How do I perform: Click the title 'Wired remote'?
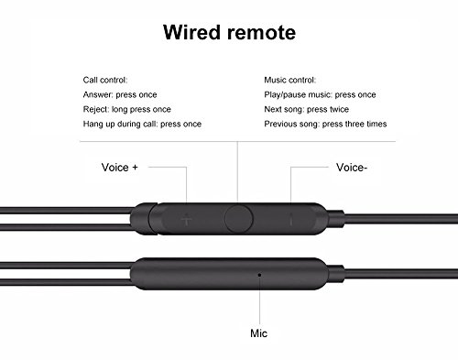click(229, 35)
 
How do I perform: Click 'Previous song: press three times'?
click(324, 124)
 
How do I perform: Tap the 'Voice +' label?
click(119, 168)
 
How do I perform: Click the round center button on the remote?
click(238, 219)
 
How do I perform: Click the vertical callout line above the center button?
click(237, 169)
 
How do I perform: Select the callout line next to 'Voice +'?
click(169, 168)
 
